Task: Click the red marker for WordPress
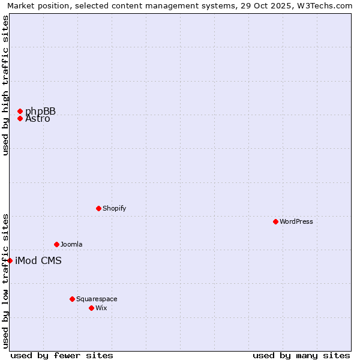[275, 221]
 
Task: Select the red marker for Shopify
[98, 208]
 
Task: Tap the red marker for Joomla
[56, 244]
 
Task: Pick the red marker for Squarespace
[72, 299]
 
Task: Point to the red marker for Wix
[91, 308]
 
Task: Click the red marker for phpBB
[20, 111]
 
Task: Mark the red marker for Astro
[20, 118]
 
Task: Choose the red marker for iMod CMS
[10, 260]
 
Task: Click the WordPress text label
[296, 221]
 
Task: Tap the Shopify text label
[114, 208]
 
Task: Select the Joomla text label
[71, 244]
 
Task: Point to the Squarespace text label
[97, 299]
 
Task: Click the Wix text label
[101, 308]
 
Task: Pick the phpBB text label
[40, 111]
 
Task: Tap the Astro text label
[38, 119]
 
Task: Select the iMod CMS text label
[38, 260]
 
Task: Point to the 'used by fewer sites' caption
[62, 355]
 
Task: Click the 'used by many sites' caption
[301, 355]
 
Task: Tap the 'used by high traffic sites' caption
[6, 85]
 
